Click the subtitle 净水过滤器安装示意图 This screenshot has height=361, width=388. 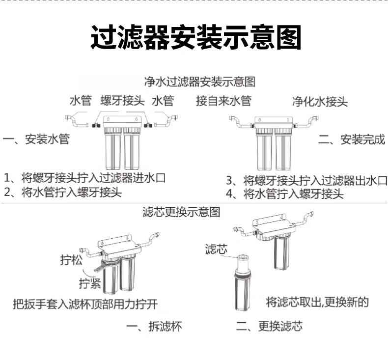click(199, 81)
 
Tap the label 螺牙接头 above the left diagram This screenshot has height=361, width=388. click(122, 101)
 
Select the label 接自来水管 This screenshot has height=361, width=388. click(223, 101)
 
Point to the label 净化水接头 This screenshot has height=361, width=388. click(320, 102)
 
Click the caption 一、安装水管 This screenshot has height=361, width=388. click(36, 139)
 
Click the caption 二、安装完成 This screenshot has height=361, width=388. click(351, 139)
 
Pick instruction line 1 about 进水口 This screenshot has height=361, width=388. click(84, 177)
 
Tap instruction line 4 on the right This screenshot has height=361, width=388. click(284, 194)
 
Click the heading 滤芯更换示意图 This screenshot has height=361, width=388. click(181, 212)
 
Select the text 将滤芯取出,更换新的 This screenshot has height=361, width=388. click(317, 302)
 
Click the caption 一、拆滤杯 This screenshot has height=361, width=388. click(154, 327)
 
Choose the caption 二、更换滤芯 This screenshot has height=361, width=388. click(269, 327)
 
